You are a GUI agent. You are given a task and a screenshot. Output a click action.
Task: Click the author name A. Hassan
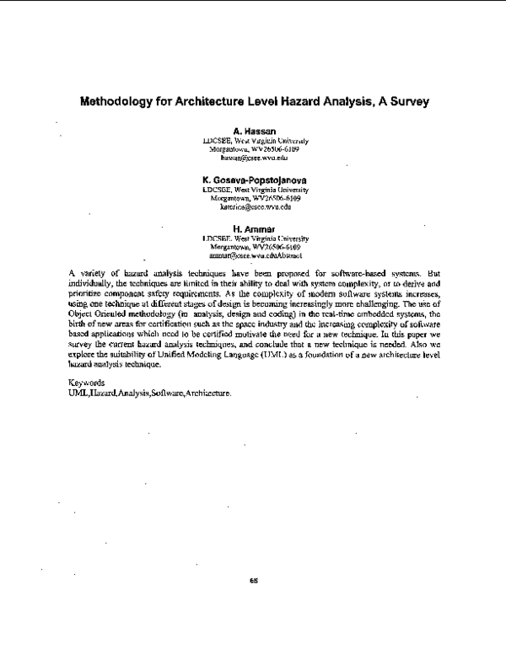(x=255, y=132)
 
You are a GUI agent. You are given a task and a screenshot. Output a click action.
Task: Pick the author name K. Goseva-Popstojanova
(x=255, y=180)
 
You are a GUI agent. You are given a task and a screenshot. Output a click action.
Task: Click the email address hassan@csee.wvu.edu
(x=255, y=158)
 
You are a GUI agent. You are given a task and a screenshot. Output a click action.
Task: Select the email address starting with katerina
(x=255, y=206)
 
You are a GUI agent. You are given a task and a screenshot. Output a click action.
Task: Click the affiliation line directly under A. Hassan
(x=255, y=141)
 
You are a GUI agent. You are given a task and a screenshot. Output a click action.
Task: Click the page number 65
(x=253, y=581)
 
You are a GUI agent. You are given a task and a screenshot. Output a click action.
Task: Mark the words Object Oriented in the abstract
(x=96, y=314)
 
